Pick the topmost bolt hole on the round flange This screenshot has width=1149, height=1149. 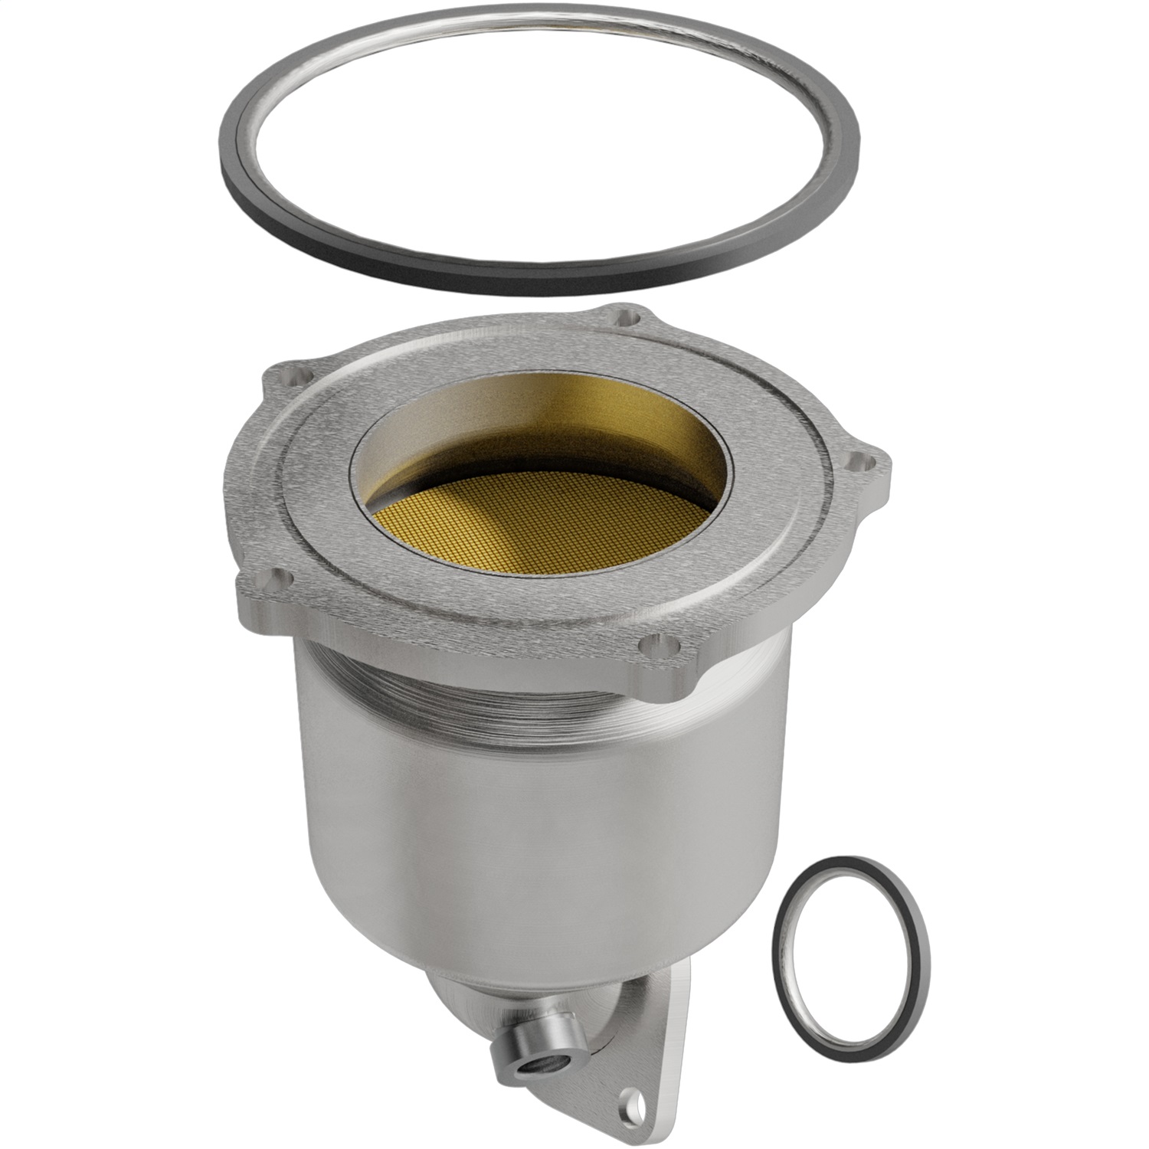coord(630,315)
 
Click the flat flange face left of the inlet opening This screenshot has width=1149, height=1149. coord(322,490)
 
